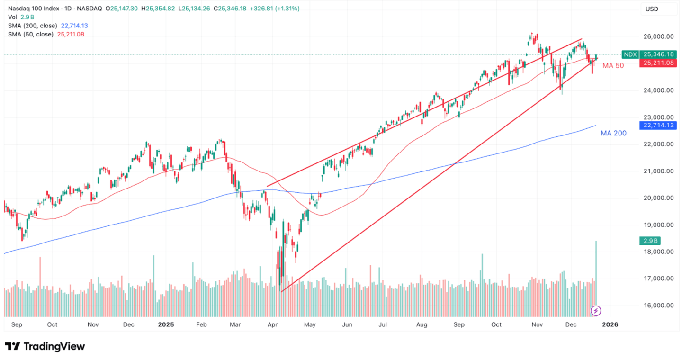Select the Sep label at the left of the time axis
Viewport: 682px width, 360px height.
[x=17, y=325]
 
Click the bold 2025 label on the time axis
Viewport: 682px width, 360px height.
[x=166, y=325]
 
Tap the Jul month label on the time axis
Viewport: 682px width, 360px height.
[x=383, y=325]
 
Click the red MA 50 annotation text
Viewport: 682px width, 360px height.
[x=613, y=66]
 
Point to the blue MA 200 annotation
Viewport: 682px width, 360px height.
[x=613, y=134]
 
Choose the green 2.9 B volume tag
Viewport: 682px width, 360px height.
[x=649, y=241]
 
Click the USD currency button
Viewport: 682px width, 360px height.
[x=651, y=9]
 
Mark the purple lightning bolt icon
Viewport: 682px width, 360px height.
[x=597, y=311]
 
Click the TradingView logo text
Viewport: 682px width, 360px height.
[x=54, y=347]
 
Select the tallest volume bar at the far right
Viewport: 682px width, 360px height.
[x=596, y=275]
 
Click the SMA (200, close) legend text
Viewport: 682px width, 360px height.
[x=32, y=26]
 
